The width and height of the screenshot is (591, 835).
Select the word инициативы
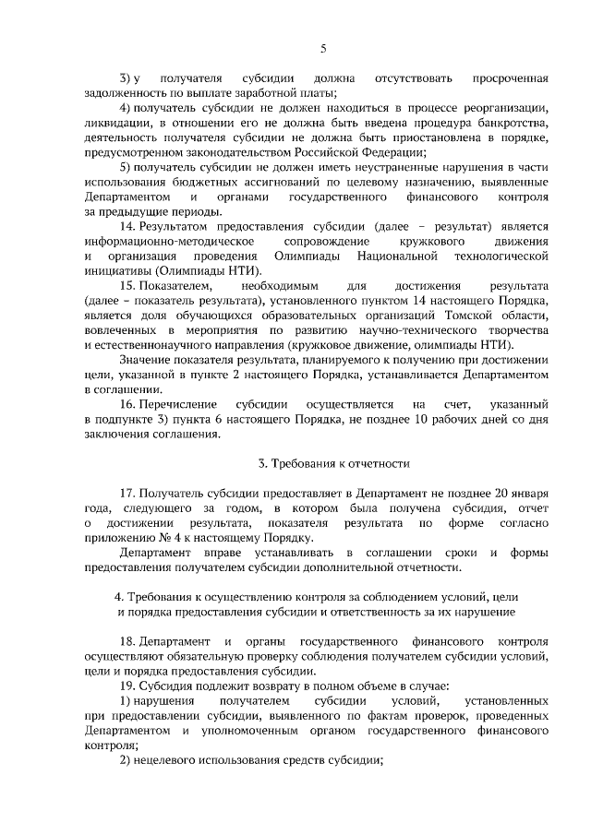(120, 269)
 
